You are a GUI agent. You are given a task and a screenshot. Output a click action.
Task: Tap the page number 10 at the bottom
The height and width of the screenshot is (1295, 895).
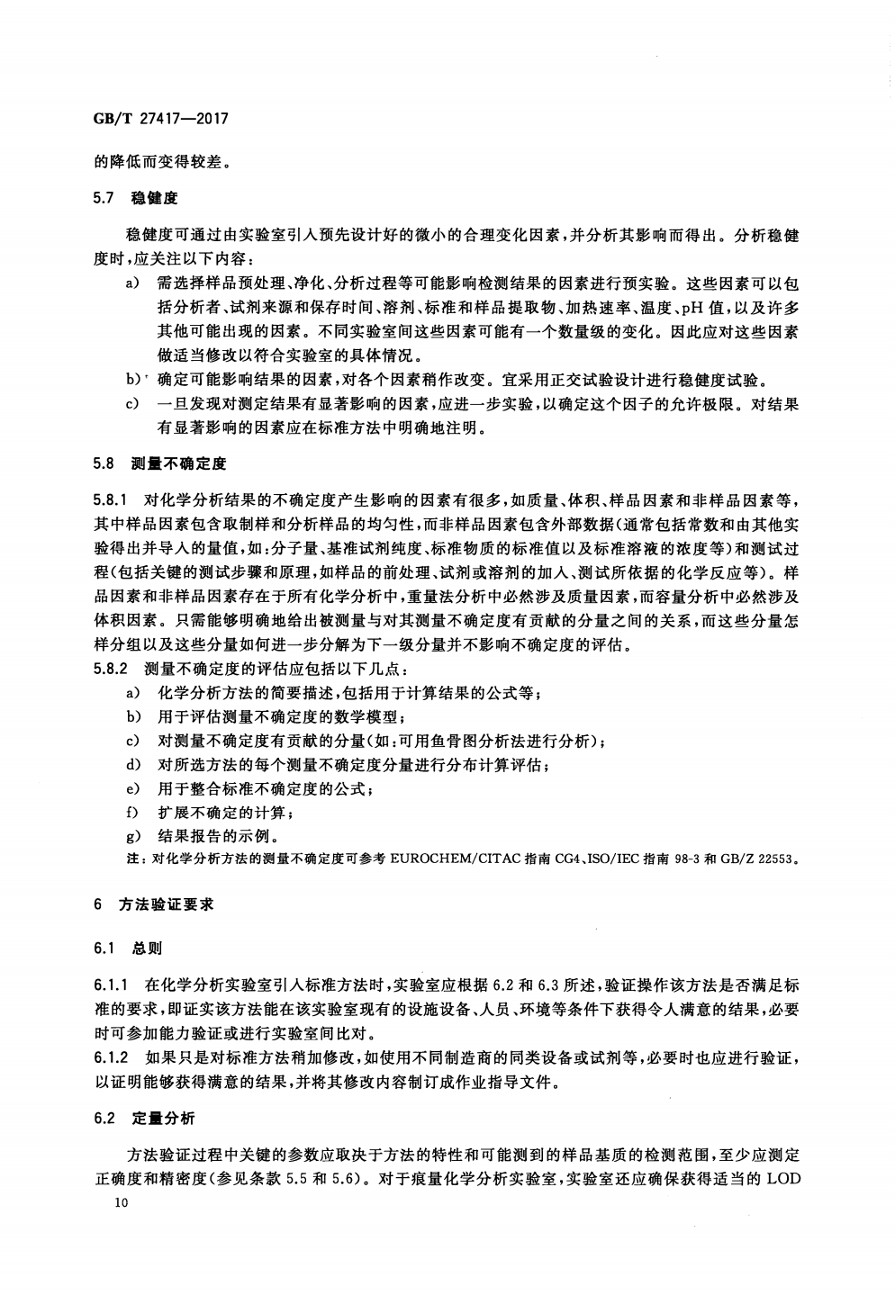[111, 1204]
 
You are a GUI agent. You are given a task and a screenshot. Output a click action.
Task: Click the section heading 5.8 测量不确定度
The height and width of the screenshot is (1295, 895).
[159, 464]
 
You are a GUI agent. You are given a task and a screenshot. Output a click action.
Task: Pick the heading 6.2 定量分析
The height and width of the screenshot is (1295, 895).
[144, 1118]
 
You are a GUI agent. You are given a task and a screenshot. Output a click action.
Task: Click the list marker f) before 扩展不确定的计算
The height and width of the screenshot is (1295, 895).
[134, 813]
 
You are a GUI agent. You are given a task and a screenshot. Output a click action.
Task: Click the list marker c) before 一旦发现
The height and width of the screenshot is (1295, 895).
[133, 404]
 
